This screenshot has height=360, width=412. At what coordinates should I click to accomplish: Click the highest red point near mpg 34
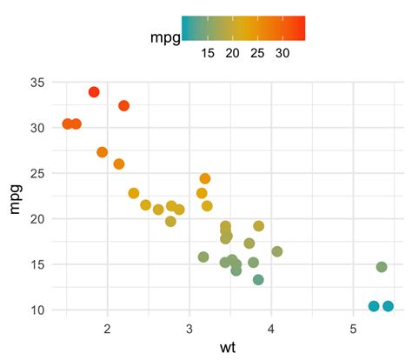pos(94,92)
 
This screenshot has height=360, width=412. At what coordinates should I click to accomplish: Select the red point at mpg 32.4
pos(123,105)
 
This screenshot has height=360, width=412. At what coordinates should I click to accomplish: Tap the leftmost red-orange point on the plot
pos(67,124)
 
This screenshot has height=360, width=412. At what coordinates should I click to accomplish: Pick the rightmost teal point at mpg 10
pos(388,306)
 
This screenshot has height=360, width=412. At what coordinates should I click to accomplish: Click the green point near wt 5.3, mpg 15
pos(382,267)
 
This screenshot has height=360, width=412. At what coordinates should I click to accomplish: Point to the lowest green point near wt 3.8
pos(258,280)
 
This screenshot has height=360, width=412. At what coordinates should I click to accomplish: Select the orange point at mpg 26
pos(119,163)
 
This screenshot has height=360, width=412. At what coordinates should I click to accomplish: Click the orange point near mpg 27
pos(103,152)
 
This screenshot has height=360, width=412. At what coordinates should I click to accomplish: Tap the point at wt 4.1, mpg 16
pos(277,251)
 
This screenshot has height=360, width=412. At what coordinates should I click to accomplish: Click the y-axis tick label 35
pos(37,83)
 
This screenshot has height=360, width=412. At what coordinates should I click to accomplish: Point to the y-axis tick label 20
pos(37,219)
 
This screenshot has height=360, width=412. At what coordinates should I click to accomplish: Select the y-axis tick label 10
pos(37,310)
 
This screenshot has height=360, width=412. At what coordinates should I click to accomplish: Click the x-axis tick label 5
pos(354,329)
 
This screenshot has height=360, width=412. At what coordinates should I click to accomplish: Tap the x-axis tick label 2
pos(107,329)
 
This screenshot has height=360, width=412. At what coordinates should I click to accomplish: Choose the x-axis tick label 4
pos(271,329)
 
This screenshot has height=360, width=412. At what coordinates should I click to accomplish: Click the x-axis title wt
pos(227,349)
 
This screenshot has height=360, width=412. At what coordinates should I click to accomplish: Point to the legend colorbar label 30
pos(282,53)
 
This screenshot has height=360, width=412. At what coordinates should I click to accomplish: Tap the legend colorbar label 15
pos(207,53)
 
